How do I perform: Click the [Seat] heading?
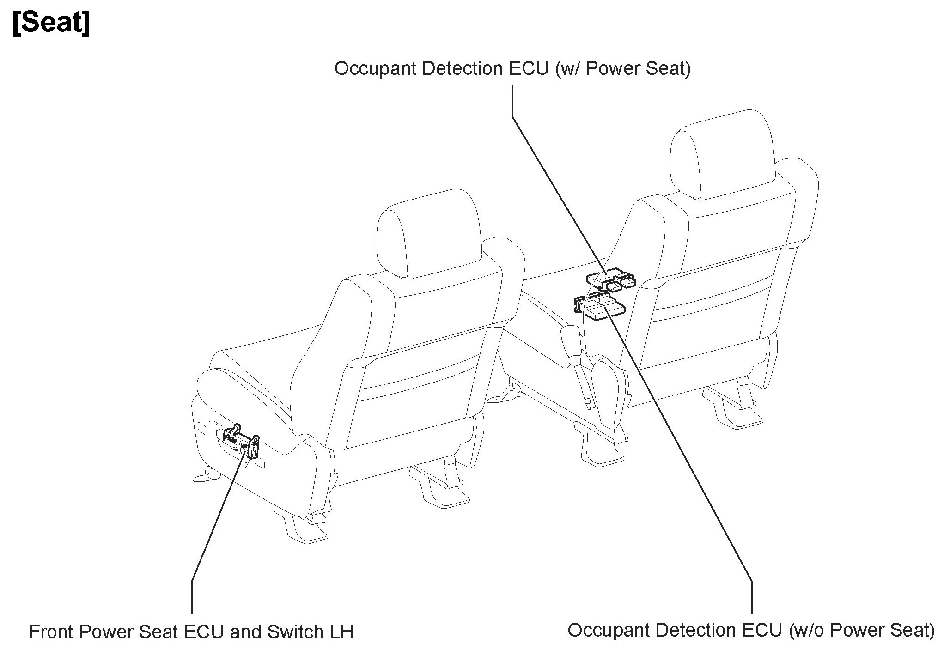click(51, 23)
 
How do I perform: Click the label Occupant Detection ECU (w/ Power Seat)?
click(512, 69)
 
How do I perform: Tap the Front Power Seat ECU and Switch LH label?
click(191, 632)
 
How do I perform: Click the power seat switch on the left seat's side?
click(242, 441)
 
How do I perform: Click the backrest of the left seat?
click(416, 370)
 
